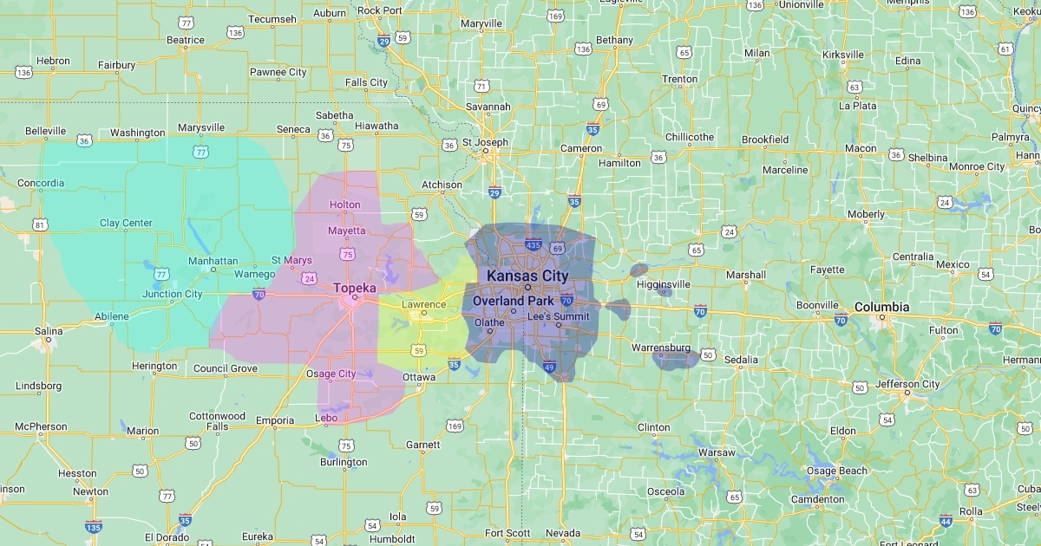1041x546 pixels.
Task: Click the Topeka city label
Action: pos(356,287)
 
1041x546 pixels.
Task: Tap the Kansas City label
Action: pos(527,276)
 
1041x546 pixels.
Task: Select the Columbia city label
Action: pos(882,307)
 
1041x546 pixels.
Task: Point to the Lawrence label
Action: pos(423,304)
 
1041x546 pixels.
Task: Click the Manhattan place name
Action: pos(213,261)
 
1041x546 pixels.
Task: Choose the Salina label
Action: pos(49,331)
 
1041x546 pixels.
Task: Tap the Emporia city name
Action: pos(275,421)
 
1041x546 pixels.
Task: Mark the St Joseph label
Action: pos(485,142)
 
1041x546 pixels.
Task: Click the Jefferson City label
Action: pos(907,384)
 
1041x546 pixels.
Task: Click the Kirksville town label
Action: pos(843,55)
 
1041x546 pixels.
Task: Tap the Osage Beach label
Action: pos(837,471)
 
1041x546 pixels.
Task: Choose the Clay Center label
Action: pos(126,223)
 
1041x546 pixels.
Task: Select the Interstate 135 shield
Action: pos(94,526)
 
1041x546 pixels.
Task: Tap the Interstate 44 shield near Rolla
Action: pos(946,521)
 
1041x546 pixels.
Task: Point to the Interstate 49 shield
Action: pos(549,367)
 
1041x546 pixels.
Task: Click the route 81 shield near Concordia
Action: pos(40,225)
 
